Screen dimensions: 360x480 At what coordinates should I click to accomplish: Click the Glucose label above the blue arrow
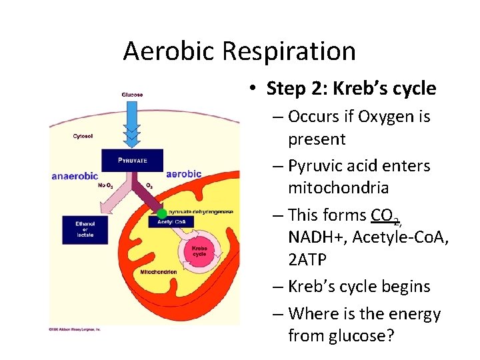132,95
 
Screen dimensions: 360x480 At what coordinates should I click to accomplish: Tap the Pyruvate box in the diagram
132,160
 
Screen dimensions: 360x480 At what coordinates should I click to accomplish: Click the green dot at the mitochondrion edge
162,213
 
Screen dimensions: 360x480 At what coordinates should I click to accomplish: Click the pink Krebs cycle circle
199,252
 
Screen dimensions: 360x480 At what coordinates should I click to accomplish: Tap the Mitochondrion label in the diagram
159,273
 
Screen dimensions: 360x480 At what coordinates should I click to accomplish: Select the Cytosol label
83,137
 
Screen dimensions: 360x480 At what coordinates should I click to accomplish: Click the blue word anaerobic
75,177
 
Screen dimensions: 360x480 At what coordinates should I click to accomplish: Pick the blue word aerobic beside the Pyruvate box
183,174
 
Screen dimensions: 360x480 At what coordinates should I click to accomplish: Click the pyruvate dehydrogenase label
201,211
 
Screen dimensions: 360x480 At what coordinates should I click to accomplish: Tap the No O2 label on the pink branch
105,185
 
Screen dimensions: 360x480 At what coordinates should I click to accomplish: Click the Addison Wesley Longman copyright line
75,329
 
